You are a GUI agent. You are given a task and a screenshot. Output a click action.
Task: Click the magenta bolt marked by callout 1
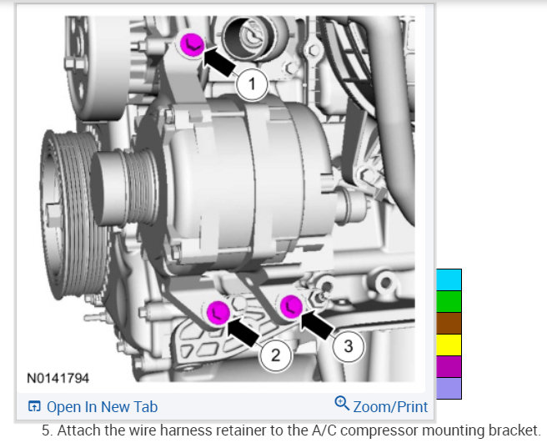(x=192, y=45)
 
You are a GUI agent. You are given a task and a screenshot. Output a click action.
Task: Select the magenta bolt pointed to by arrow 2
(x=218, y=312)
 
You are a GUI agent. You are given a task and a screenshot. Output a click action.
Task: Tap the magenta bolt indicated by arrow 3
(x=291, y=307)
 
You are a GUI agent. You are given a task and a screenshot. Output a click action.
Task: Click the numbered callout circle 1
(x=252, y=84)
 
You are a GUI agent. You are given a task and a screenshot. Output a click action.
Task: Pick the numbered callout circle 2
(x=275, y=355)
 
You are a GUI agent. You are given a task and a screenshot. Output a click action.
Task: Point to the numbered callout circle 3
(x=349, y=346)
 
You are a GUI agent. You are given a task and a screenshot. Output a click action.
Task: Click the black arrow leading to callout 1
(x=219, y=62)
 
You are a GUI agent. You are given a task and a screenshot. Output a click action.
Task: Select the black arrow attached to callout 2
(x=243, y=330)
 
